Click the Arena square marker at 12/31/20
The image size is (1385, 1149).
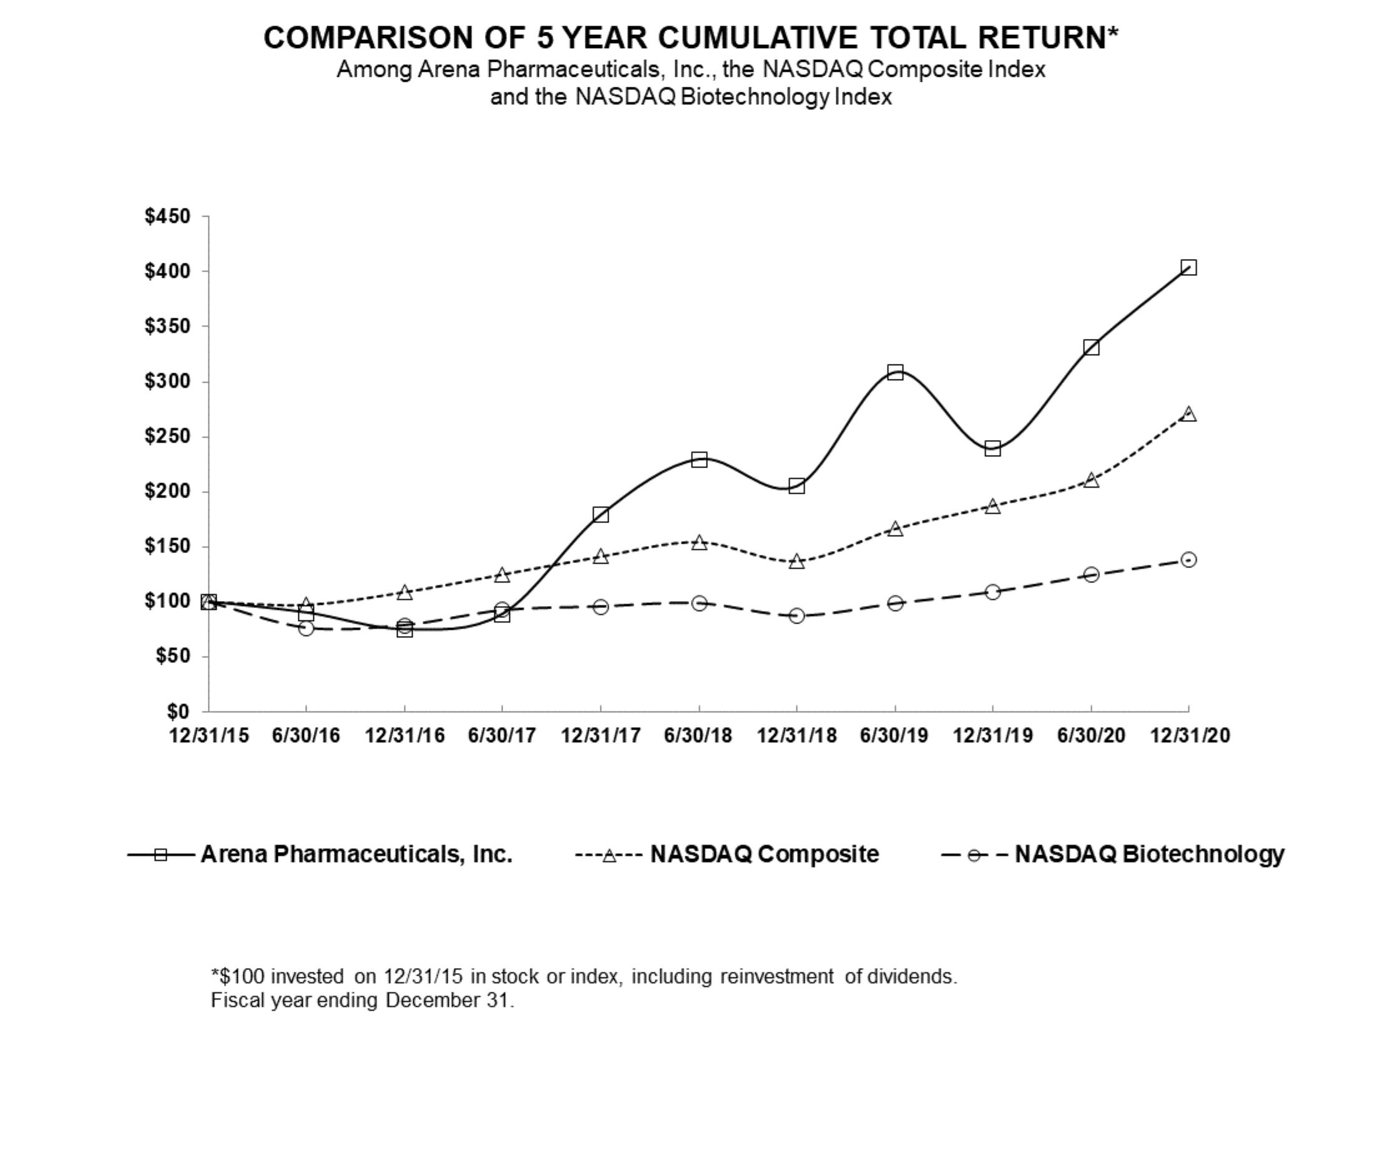[x=1188, y=267]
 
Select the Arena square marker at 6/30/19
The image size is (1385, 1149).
[x=895, y=372]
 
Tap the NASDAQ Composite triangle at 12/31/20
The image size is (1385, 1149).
[x=1188, y=414]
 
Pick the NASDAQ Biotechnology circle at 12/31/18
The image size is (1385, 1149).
[x=796, y=615]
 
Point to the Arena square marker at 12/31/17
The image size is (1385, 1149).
[x=601, y=514]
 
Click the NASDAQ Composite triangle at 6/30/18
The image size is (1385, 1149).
[x=699, y=542]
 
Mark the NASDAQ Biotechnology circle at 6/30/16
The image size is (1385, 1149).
[x=306, y=628]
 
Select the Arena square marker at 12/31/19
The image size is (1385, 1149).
[x=992, y=449]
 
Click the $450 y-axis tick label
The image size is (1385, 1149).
[x=167, y=217]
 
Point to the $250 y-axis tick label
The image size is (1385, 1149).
[x=167, y=437]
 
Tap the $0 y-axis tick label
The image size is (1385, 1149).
[x=177, y=711]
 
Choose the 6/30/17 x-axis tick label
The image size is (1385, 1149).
[x=502, y=735]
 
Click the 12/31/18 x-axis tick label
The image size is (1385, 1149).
[x=796, y=735]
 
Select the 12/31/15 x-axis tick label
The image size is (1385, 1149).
[x=209, y=735]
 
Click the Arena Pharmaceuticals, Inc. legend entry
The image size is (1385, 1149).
[x=356, y=854]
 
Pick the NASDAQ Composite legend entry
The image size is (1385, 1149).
[x=764, y=854]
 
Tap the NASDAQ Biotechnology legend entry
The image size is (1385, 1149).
[x=1149, y=854]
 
